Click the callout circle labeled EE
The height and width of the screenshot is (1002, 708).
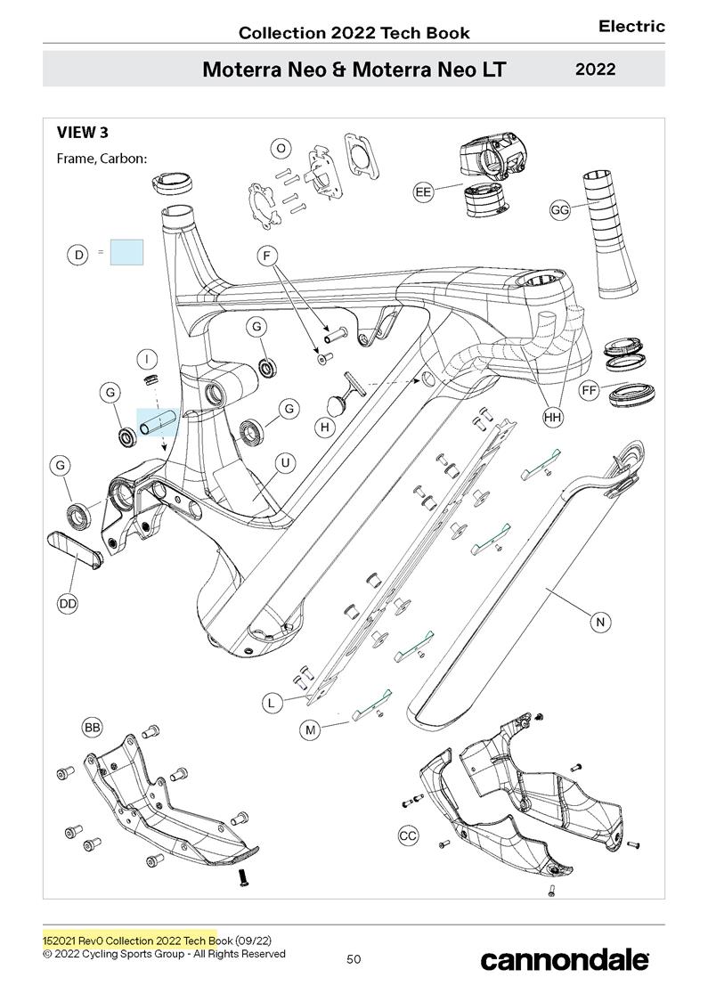(423, 191)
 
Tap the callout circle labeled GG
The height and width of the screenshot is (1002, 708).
(560, 210)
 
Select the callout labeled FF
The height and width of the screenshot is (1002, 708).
(589, 390)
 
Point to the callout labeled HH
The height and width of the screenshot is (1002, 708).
(553, 416)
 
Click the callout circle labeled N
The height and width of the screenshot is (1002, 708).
(600, 623)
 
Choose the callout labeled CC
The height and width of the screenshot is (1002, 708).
(408, 835)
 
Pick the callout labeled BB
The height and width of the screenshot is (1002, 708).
(93, 728)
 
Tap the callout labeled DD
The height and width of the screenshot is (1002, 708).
(68, 604)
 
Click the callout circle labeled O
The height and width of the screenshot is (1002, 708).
(281, 148)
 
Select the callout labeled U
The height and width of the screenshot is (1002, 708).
(286, 463)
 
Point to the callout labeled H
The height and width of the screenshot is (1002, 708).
(326, 428)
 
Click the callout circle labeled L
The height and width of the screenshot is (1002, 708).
(273, 703)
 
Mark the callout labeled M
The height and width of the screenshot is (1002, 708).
(311, 730)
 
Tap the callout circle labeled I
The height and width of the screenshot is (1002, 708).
(148, 359)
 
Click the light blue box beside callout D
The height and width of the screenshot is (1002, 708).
(126, 252)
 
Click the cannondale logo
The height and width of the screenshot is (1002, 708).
(565, 959)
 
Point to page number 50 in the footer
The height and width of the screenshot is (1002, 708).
(354, 959)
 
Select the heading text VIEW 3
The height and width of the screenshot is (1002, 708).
(83, 133)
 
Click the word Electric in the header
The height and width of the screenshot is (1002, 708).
(631, 27)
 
